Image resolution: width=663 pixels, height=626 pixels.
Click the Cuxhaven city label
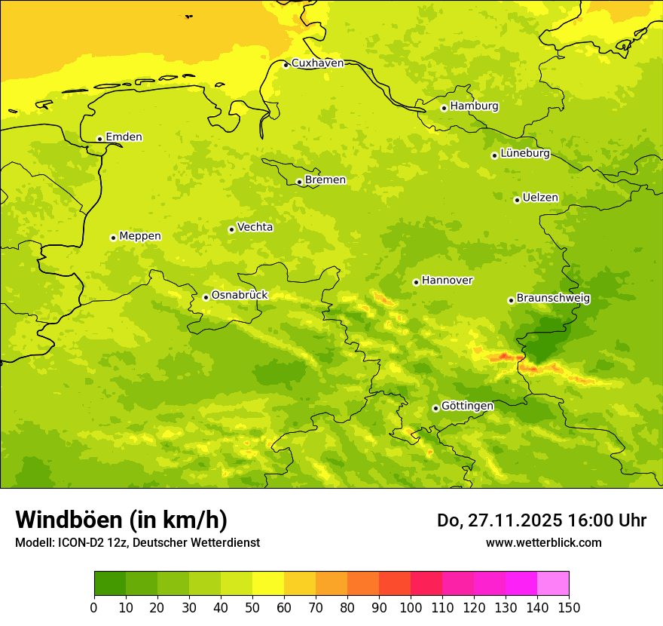pyautogui.click(x=317, y=63)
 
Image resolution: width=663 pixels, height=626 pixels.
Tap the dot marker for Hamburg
pyautogui.click(x=444, y=108)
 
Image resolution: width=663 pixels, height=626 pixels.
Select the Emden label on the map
pyautogui.click(x=124, y=137)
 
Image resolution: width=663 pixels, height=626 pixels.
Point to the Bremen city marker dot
pyautogui.click(x=299, y=182)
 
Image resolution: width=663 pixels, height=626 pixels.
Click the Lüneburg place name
pyautogui.click(x=525, y=153)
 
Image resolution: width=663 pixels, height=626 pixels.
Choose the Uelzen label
pyautogui.click(x=540, y=198)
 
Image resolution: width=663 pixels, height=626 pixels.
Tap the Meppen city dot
pyautogui.click(x=113, y=238)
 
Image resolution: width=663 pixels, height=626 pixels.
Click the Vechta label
pyautogui.click(x=255, y=227)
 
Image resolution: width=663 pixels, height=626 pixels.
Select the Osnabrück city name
pyautogui.click(x=240, y=295)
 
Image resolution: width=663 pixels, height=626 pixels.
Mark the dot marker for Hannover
pyautogui.click(x=416, y=282)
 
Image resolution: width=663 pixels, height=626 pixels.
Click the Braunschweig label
pyautogui.click(x=553, y=298)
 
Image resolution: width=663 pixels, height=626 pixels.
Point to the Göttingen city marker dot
pyautogui.click(x=435, y=408)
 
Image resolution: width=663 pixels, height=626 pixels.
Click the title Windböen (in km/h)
pyautogui.click(x=121, y=520)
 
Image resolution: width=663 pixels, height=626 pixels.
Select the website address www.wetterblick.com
pyautogui.click(x=543, y=542)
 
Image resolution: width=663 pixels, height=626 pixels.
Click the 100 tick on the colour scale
pyautogui.click(x=411, y=607)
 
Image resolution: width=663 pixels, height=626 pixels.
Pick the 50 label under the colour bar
pyautogui.click(x=252, y=607)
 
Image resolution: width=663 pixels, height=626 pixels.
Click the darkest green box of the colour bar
pyautogui.click(x=109, y=584)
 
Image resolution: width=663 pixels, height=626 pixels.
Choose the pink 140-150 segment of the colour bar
pyautogui.click(x=552, y=584)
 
